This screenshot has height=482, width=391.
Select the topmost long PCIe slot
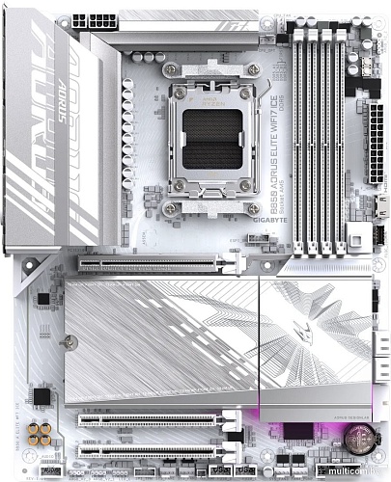[159, 260]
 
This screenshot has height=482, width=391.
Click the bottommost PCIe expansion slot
[159, 449]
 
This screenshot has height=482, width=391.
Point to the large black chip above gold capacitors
[42, 396]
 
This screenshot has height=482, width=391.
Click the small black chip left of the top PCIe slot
[43, 301]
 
